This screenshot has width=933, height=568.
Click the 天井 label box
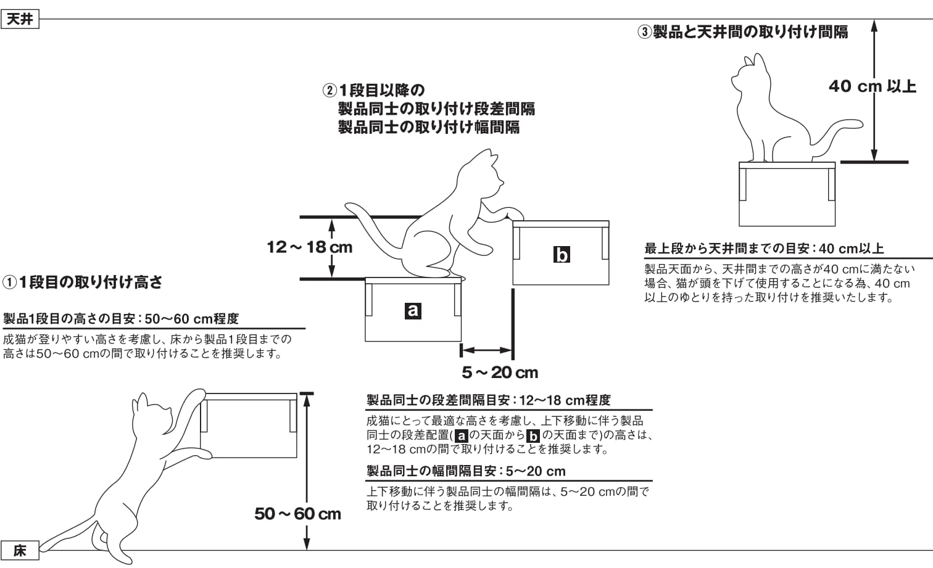(20, 19)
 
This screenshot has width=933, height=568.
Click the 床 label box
(20, 550)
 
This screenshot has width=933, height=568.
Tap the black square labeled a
(413, 310)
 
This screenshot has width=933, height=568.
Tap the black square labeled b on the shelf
(561, 254)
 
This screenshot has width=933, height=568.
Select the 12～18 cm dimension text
(309, 247)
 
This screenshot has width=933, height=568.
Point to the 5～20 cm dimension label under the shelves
(500, 372)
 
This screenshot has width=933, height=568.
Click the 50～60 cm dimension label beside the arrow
(297, 514)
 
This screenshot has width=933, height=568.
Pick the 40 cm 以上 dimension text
(872, 86)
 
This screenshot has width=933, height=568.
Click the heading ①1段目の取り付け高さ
(83, 282)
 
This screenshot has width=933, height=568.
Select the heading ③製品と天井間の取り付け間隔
(742, 31)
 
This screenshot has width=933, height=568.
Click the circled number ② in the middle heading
(330, 91)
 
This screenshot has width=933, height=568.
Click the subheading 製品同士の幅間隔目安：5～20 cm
(466, 471)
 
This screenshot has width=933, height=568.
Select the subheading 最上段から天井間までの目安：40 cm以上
(764, 249)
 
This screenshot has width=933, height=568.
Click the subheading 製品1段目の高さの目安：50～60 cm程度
(121, 319)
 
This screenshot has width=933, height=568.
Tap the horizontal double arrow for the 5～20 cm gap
(487, 350)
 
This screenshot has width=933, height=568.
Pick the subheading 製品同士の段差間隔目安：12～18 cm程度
(488, 400)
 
